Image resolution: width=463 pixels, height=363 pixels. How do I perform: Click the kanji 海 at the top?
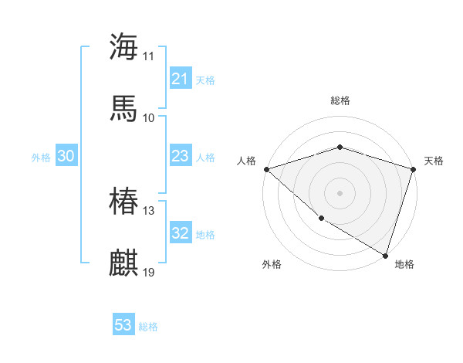123,46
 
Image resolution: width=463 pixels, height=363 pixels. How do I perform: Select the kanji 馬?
123,108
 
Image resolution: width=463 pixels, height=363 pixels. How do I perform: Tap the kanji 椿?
123,202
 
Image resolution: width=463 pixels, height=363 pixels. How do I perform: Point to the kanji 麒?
123,263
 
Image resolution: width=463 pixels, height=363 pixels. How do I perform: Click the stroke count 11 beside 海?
149,56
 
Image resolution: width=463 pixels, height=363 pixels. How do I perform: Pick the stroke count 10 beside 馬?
149,117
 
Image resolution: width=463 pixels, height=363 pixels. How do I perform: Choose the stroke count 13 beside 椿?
149,211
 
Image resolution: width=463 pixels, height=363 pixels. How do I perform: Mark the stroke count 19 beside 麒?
149,273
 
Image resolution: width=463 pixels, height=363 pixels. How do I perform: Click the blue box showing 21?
181,79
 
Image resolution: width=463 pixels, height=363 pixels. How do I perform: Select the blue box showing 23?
181,156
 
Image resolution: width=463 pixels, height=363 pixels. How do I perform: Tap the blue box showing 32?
181,233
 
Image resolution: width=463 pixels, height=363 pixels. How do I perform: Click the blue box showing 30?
66,156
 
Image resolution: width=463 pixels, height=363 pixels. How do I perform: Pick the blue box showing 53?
123,325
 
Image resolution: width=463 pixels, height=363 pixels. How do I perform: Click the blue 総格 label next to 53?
148,327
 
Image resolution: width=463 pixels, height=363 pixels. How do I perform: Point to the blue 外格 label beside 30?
41,158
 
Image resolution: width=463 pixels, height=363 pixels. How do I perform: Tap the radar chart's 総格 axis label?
340,100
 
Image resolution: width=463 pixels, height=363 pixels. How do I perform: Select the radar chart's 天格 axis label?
434,161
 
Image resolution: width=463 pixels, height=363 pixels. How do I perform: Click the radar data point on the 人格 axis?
266,169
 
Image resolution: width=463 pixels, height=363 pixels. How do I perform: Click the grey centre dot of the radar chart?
340,192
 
